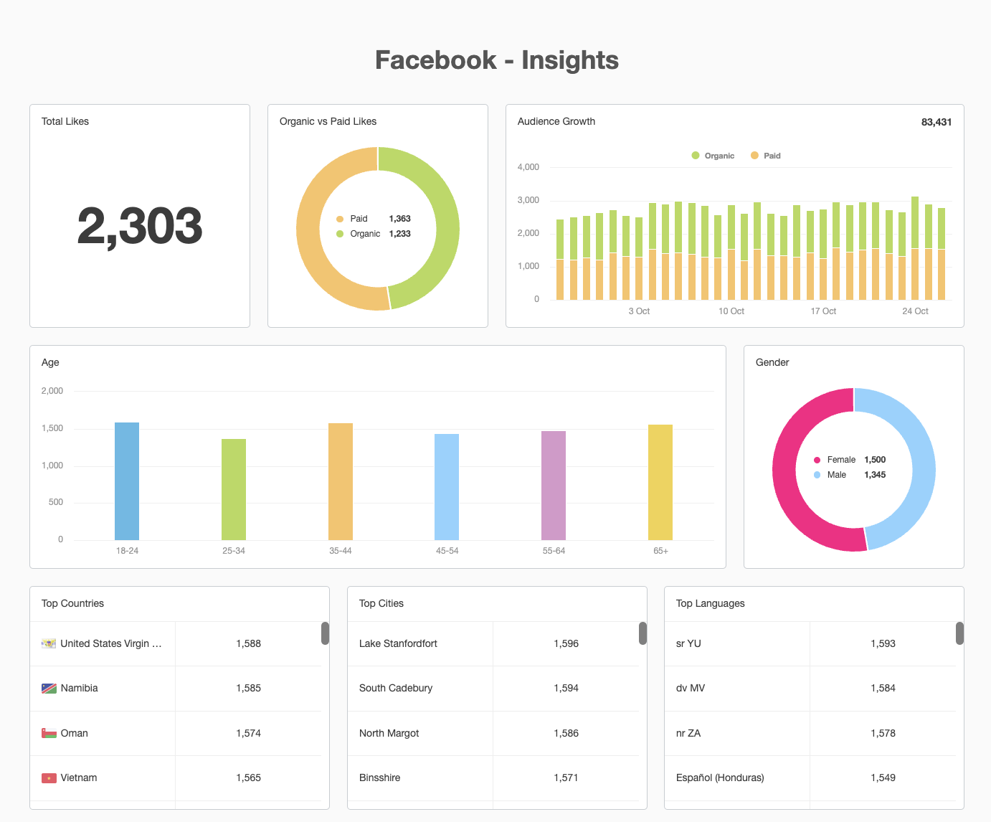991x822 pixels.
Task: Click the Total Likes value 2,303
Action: click(x=140, y=225)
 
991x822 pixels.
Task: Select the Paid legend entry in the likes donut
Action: click(x=359, y=219)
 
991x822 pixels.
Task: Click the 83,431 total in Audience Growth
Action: click(x=936, y=122)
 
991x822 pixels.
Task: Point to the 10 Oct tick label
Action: click(x=731, y=311)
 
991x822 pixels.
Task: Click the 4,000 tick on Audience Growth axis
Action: click(x=528, y=167)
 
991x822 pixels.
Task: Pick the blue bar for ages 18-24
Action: click(x=127, y=481)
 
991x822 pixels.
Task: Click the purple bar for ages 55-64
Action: click(x=554, y=486)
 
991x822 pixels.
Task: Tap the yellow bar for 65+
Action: click(x=660, y=482)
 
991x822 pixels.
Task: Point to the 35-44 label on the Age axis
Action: click(x=340, y=551)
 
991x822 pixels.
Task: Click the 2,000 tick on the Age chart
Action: click(x=52, y=391)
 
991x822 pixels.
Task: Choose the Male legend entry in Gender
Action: click(x=836, y=475)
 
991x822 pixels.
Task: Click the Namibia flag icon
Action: click(x=49, y=689)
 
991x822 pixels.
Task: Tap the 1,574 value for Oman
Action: click(x=248, y=733)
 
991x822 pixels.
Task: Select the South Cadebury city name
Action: click(x=396, y=688)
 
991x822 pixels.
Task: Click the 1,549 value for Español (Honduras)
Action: click(x=883, y=778)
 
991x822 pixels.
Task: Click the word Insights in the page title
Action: click(x=570, y=60)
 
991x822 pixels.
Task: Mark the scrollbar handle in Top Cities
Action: click(x=643, y=633)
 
